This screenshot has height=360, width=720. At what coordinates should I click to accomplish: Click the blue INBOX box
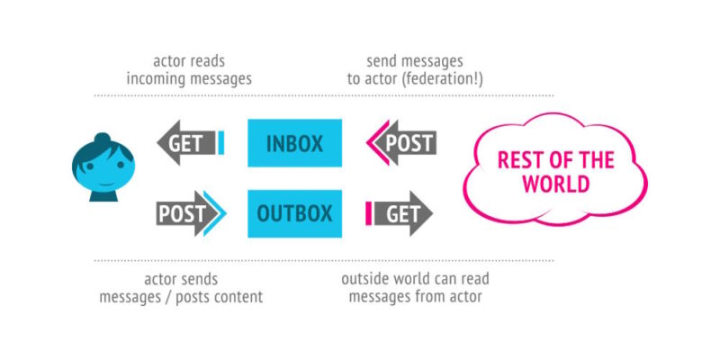click(x=294, y=142)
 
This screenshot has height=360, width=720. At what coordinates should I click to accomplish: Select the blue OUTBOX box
click(x=294, y=213)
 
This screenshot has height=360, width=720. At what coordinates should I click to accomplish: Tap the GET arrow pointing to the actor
click(x=184, y=142)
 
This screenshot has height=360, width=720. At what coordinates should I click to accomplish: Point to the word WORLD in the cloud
click(x=558, y=185)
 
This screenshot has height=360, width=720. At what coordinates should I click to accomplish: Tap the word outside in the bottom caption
click(x=365, y=278)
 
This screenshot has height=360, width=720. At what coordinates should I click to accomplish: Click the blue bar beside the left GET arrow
click(x=220, y=142)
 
